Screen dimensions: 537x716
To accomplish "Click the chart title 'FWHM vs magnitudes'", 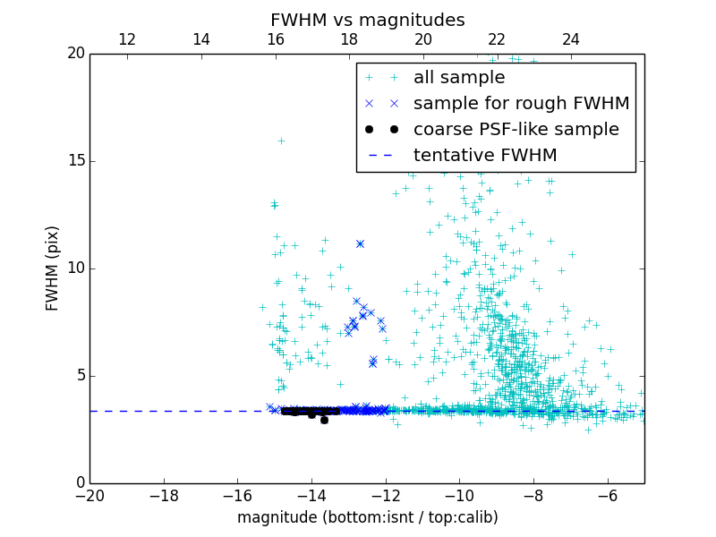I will tap(367, 20).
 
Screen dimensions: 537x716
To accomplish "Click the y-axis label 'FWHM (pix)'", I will tap(53, 268).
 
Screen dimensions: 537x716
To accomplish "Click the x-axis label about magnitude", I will tap(367, 517).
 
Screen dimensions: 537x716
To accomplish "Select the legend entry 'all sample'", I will tap(458, 78).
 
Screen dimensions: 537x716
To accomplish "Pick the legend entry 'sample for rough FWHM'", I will tap(521, 104).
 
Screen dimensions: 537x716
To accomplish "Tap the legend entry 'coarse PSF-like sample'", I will tap(516, 130).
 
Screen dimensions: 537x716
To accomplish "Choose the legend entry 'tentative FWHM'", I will tap(484, 156).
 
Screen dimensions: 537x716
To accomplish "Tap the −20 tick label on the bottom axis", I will tap(89, 496).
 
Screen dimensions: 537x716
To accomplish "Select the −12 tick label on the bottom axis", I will tap(385, 496).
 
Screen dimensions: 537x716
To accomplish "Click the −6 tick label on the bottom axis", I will tap(607, 496).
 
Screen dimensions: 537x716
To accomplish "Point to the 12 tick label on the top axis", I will tap(127, 39).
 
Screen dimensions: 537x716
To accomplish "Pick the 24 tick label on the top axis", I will tap(571, 39).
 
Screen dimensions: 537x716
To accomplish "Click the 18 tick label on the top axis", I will tap(349, 39).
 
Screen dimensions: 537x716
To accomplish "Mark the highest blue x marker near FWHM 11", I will tap(360, 243).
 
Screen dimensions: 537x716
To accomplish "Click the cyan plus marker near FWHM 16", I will tap(281, 141).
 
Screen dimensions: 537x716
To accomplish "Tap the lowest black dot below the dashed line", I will tap(324, 420).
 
